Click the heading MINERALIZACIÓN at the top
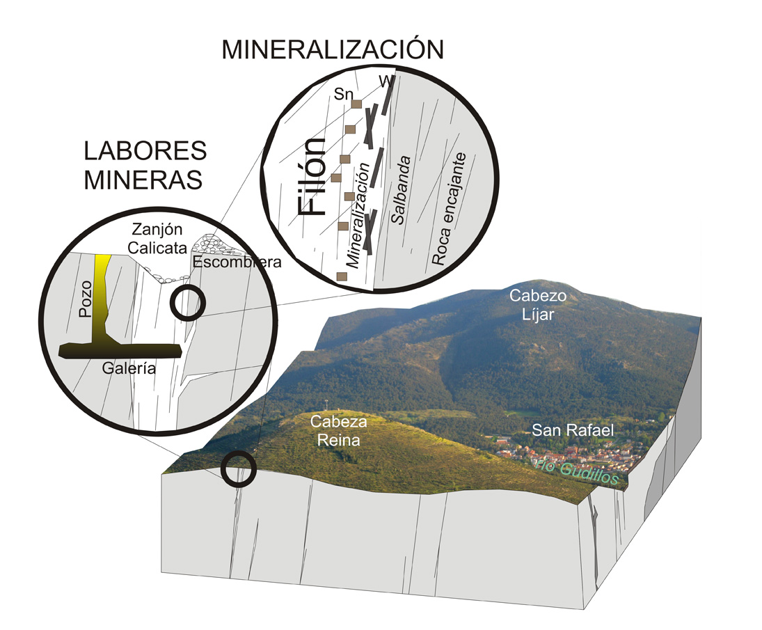(332, 50)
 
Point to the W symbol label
(384, 81)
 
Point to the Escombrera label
(228, 262)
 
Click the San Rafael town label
(572, 430)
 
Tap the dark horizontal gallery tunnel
(120, 349)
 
